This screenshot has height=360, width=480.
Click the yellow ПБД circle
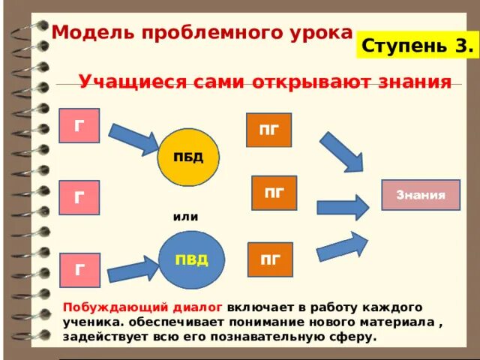pyautogui.click(x=187, y=157)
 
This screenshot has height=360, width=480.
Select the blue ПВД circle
pyautogui.click(x=192, y=260)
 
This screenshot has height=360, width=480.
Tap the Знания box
pyautogui.click(x=421, y=195)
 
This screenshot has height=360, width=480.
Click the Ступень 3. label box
pyautogui.click(x=417, y=46)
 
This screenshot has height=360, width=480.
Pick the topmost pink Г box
pyautogui.click(x=79, y=125)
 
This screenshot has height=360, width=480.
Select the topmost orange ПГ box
pyautogui.click(x=269, y=130)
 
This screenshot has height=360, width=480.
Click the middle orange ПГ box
pyautogui.click(x=274, y=193)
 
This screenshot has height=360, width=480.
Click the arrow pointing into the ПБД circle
pyautogui.click(x=133, y=140)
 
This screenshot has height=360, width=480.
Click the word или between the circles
pyautogui.click(x=185, y=217)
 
